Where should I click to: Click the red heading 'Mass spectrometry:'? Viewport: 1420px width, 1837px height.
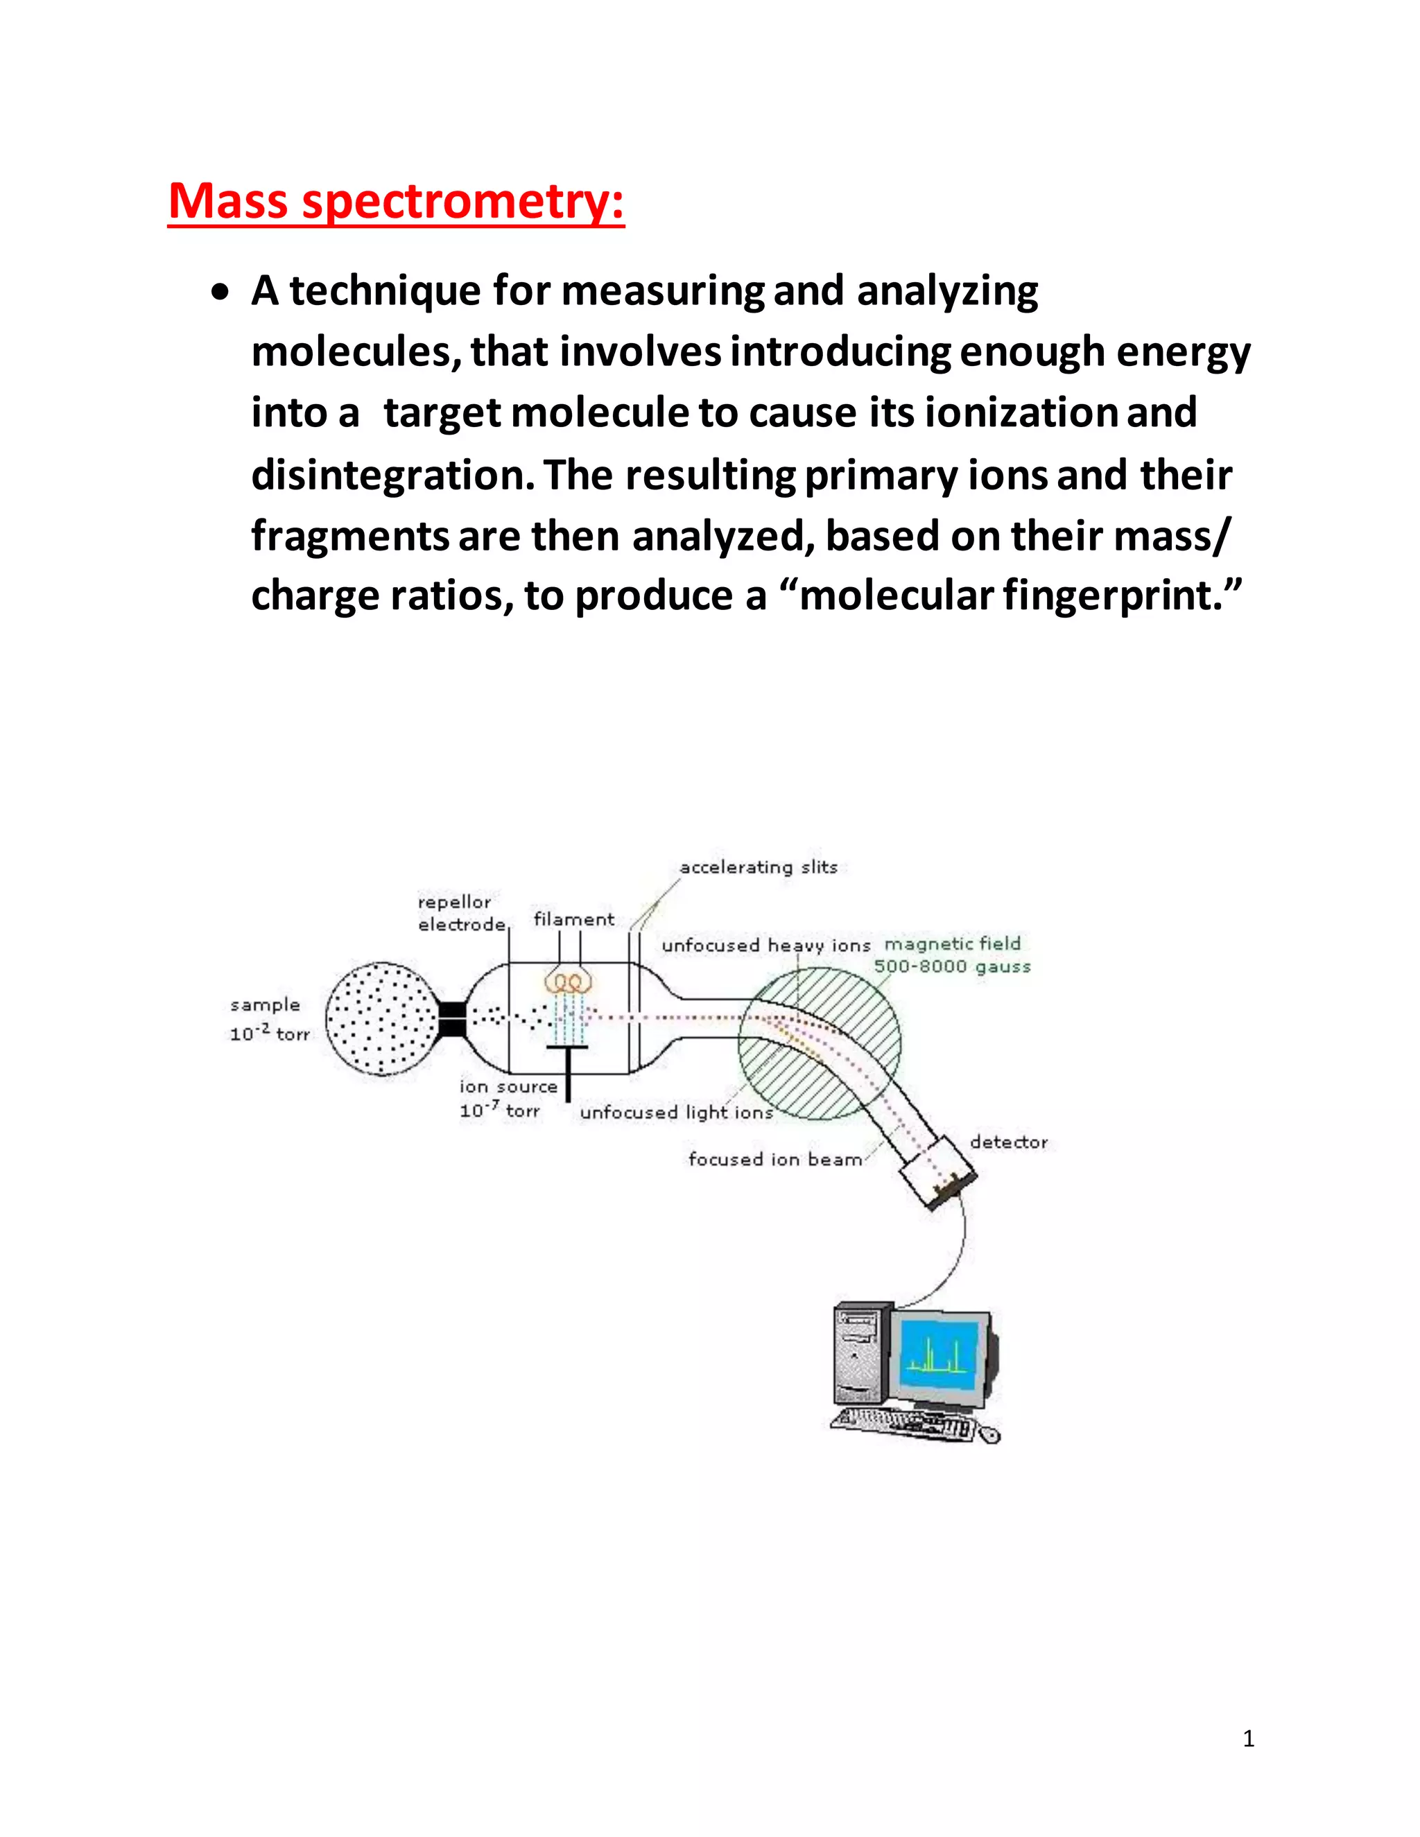(x=396, y=202)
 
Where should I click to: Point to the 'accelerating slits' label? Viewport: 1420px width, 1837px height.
(x=758, y=867)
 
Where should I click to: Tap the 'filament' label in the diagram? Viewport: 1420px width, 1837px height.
(x=573, y=919)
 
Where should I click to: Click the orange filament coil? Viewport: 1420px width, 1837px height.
(x=569, y=982)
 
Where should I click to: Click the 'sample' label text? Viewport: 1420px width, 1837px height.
(x=265, y=1005)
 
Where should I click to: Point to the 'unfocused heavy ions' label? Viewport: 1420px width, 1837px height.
(x=765, y=946)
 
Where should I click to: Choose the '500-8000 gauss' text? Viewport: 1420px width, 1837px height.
(x=952, y=966)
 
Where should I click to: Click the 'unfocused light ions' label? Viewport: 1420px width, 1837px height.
(x=676, y=1112)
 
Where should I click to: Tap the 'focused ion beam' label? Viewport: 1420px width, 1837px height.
(x=774, y=1159)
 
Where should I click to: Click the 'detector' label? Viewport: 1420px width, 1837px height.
(x=1009, y=1142)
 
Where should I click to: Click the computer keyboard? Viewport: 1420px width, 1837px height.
(x=902, y=1424)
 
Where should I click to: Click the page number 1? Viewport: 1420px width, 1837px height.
(x=1248, y=1739)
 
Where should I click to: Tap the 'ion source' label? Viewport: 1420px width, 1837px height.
(x=508, y=1087)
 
